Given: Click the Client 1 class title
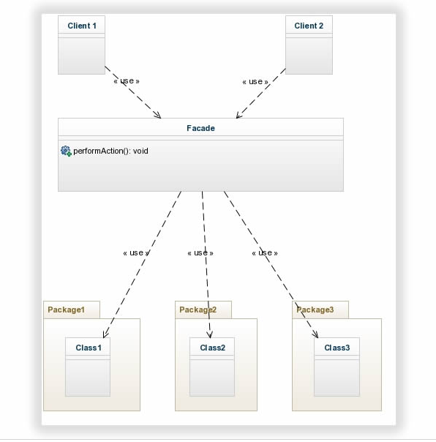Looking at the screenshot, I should click(82, 26).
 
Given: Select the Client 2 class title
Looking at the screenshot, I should click(309, 26).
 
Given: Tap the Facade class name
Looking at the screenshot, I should click(200, 128).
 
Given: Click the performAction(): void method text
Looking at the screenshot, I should click(110, 151).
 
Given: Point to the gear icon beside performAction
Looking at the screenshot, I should click(66, 151).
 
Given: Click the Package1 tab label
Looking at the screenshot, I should click(66, 310).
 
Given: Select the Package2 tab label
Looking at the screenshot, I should click(198, 310).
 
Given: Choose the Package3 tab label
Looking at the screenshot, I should click(315, 310).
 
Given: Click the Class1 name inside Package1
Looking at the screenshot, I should click(88, 348).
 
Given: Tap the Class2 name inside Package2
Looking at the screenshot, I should click(212, 348).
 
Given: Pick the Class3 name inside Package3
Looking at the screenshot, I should click(337, 348).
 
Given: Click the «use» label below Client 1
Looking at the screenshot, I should click(126, 81).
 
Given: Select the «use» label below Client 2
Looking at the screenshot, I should click(255, 81).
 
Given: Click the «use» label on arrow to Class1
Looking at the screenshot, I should click(136, 252).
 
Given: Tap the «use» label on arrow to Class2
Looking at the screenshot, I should click(200, 252).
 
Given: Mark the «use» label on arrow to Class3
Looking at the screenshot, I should click(265, 252).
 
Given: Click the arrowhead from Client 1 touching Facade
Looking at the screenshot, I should click(158, 115).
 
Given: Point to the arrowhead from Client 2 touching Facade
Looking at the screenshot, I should click(238, 115).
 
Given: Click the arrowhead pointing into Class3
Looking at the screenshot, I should click(316, 334).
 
